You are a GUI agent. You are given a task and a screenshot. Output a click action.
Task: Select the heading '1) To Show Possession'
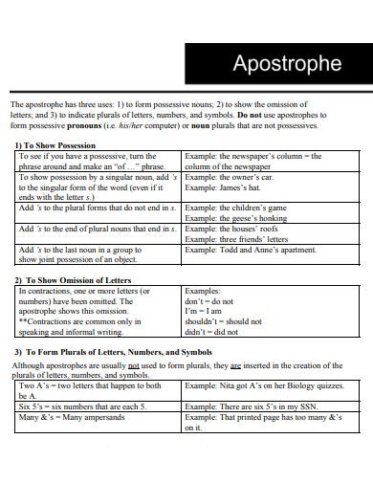[x=58, y=145]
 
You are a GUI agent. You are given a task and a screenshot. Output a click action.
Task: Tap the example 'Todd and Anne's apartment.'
[x=251, y=249]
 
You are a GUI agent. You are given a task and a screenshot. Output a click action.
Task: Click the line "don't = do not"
[x=208, y=300]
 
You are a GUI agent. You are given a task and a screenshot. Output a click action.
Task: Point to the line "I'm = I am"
[x=203, y=311]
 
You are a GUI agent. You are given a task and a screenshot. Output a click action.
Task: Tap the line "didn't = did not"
[x=210, y=333]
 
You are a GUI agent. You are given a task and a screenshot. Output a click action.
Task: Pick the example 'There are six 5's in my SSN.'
[x=253, y=406]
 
